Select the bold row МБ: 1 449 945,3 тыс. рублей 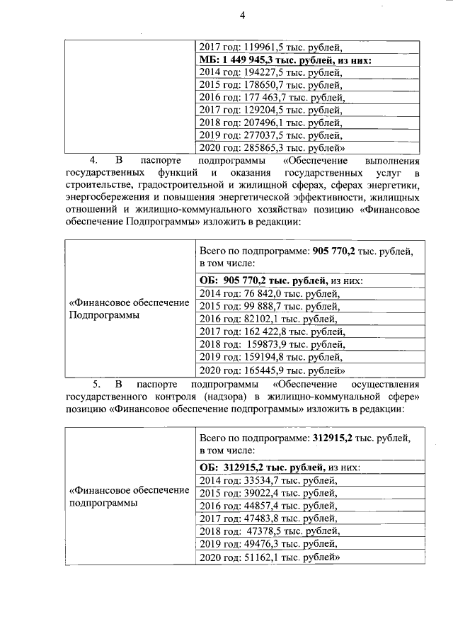click(x=286, y=61)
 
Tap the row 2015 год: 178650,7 click(x=272, y=85)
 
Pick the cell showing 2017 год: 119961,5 click(x=273, y=48)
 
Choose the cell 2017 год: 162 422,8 click(x=273, y=331)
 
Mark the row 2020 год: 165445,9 click(x=272, y=369)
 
